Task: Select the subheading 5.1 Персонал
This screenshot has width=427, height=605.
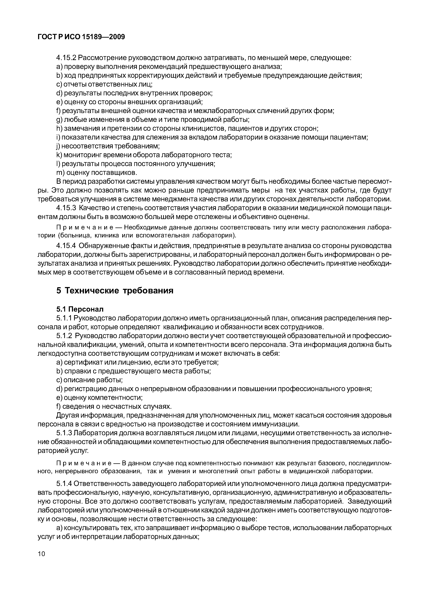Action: [x=80, y=309]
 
